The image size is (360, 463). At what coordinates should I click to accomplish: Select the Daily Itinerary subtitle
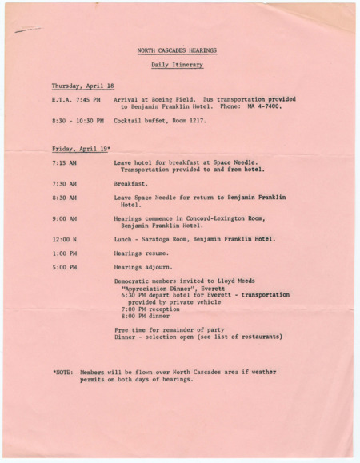(177, 64)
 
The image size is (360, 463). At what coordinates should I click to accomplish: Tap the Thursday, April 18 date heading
(82, 86)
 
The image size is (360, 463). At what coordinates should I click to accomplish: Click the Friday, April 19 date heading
(82, 149)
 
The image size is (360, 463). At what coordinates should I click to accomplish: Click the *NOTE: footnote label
(63, 372)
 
